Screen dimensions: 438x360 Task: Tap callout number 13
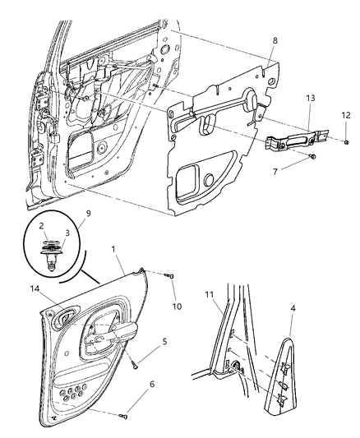pos(310,96)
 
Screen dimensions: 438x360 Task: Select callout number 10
pos(174,307)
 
